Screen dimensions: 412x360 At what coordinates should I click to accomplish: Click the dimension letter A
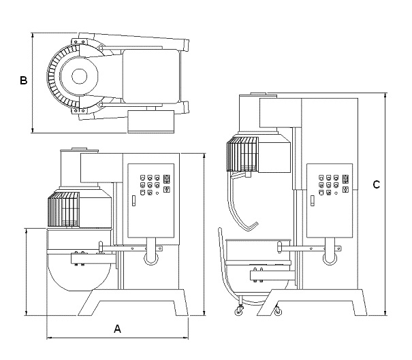point(117,329)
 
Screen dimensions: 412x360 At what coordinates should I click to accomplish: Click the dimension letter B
point(23,80)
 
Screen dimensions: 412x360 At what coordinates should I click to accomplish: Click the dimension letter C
point(377,184)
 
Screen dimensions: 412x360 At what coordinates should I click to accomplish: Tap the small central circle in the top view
point(79,76)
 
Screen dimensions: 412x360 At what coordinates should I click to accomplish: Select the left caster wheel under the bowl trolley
point(238,311)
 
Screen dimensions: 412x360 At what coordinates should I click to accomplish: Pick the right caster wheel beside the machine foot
point(277,312)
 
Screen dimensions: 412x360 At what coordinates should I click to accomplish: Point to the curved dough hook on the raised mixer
point(240,208)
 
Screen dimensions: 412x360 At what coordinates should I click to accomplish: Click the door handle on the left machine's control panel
point(133,201)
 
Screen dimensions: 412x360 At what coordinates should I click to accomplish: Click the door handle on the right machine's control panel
point(313,201)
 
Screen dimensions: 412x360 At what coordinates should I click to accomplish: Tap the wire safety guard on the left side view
point(63,209)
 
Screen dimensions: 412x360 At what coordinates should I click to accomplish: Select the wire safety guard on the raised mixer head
point(242,154)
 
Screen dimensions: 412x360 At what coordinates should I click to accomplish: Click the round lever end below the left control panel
point(151,259)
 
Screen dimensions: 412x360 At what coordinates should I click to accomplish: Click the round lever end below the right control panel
point(330,259)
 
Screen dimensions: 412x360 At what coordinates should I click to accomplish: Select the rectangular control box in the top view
point(151,121)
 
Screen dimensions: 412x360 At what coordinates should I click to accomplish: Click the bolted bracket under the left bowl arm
point(91,259)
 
